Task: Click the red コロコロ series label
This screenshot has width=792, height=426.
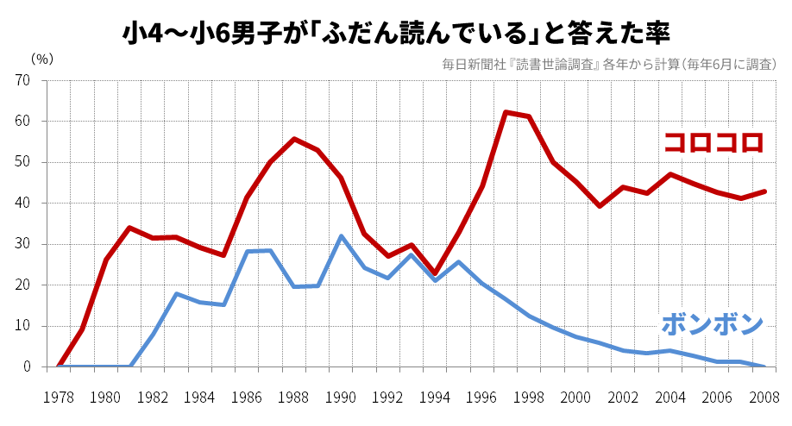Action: pos(713,142)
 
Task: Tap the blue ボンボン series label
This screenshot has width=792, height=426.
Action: pos(713,325)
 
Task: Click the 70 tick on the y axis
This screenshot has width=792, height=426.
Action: pos(22,80)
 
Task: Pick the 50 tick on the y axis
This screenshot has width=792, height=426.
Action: pos(22,162)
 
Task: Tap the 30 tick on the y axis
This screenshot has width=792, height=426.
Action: pos(22,244)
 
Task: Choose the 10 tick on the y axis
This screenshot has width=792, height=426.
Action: pos(22,326)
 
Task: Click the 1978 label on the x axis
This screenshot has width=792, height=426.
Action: pos(58,398)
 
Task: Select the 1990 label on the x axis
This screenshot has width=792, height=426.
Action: pos(341,398)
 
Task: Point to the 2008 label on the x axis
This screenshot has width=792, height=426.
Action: pos(764,398)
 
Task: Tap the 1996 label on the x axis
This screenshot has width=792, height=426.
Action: pos(482,398)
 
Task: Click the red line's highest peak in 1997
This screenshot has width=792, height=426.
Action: pos(506,112)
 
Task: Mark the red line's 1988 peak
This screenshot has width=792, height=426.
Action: pos(294,139)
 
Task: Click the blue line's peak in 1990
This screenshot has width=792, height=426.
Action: pos(341,235)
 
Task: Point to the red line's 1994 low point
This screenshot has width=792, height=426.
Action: pos(435,273)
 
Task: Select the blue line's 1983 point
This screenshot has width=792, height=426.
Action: pos(176,294)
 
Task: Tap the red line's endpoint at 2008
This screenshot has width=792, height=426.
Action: pos(764,191)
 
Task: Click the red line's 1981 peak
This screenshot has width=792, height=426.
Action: pos(129,228)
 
